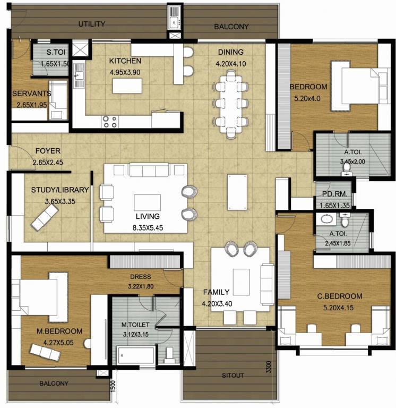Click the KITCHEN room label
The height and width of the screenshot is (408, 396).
(x=125, y=61)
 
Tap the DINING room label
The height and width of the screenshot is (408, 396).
(x=230, y=52)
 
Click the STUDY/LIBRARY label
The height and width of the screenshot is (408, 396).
(x=60, y=190)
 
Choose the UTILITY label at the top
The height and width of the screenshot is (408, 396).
(x=92, y=24)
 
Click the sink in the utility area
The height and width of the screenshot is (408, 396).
(x=175, y=22)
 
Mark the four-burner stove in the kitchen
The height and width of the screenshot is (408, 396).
(x=110, y=122)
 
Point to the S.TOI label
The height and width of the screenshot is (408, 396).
(x=56, y=53)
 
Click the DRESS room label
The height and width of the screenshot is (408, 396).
(x=140, y=277)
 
